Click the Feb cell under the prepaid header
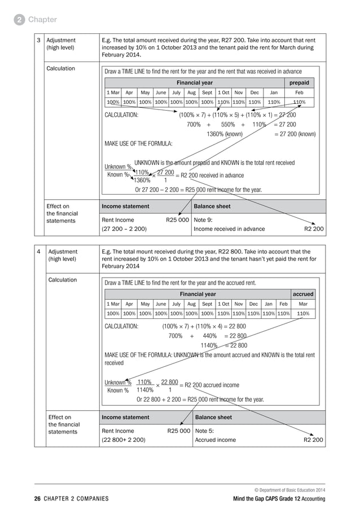click(299, 93)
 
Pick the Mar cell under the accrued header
click(303, 304)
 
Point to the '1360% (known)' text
click(225, 134)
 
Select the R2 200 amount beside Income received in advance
click(314, 229)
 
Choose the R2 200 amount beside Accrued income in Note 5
click(314, 440)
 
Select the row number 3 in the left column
click(38, 41)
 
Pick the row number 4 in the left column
click(38, 252)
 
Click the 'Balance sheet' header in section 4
click(213, 418)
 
